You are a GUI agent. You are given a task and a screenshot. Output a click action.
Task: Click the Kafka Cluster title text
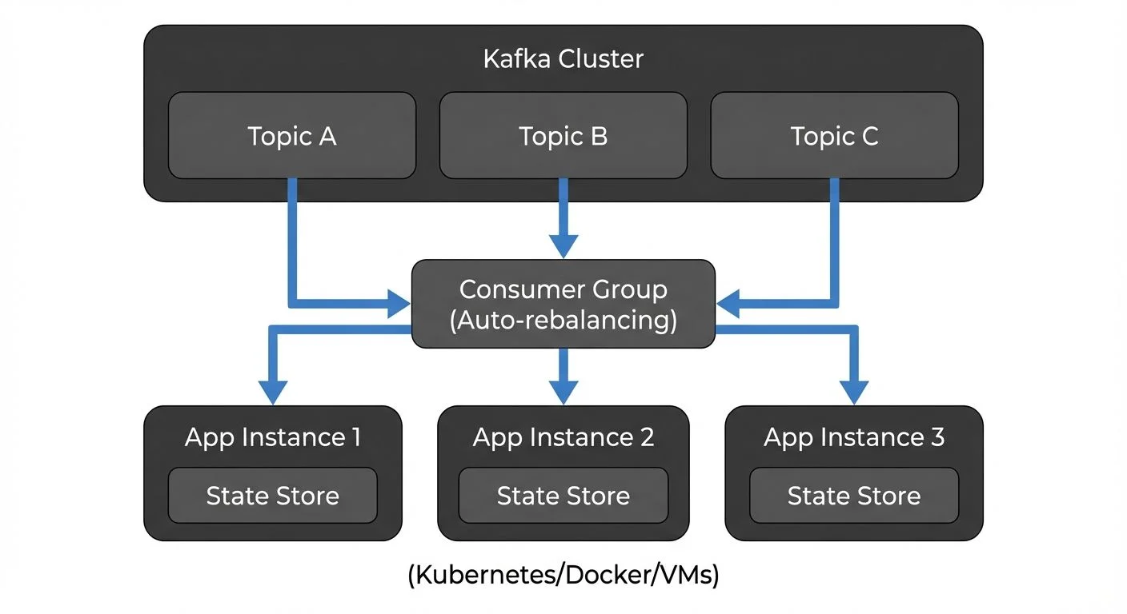point(563,59)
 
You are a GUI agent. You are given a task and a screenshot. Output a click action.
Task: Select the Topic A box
point(291,136)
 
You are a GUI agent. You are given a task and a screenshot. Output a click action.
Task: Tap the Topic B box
point(563,136)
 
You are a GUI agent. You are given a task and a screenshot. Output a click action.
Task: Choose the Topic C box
point(834,136)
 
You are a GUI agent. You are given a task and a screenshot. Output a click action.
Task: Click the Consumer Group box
point(563,304)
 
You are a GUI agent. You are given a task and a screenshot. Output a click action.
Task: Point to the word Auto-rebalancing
point(563,321)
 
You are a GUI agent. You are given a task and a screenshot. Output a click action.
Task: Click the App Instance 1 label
point(272,437)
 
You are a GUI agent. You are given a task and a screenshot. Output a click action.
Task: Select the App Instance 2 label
point(563,437)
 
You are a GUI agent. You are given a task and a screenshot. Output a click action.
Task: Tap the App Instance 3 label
point(853,437)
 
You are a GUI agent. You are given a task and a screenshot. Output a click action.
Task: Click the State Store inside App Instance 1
point(272,496)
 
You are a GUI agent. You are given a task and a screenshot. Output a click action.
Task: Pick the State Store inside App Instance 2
point(563,496)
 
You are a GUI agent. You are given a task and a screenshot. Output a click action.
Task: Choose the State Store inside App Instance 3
point(853,496)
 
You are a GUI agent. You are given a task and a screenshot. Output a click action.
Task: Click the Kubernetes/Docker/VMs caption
point(563,576)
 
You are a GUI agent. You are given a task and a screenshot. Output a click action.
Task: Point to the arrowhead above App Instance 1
point(273,392)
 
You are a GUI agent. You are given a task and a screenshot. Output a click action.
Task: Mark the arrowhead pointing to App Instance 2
point(563,392)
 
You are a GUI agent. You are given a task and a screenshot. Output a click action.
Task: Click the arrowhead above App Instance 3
point(854,392)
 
